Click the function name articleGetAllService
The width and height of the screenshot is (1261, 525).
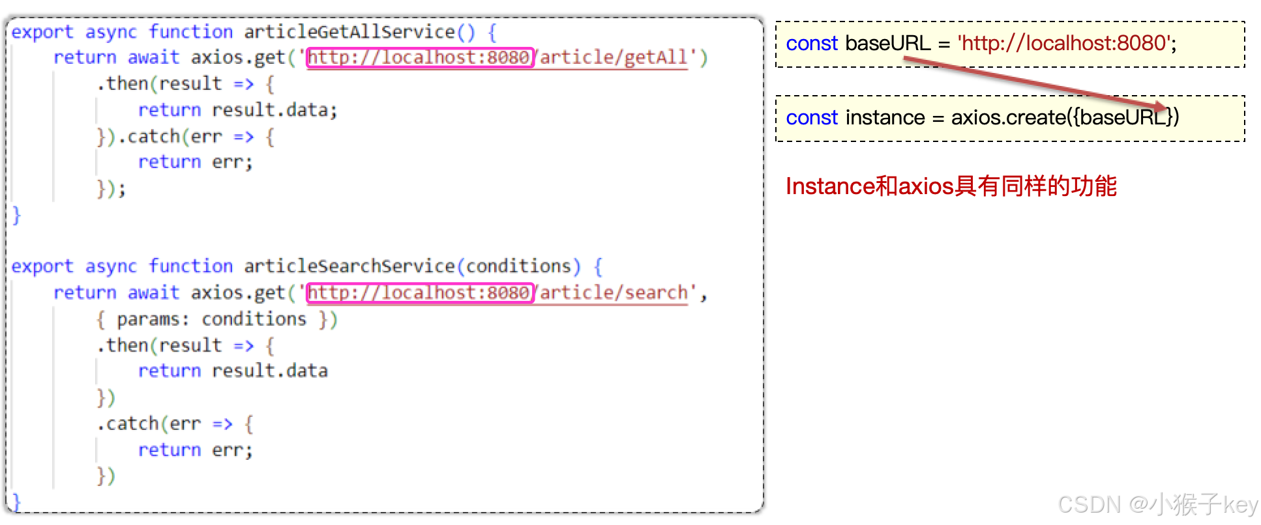pos(349,31)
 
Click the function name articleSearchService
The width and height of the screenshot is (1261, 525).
pos(349,266)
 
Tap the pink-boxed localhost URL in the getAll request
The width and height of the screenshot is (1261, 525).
pos(419,57)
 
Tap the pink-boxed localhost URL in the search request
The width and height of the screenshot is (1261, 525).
pos(419,292)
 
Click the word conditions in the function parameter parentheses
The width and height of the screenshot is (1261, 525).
pos(518,266)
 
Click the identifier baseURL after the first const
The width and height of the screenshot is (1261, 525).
pos(887,43)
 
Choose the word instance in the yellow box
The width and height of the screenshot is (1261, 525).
pos(885,117)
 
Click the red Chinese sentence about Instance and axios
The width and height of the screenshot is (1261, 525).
pos(951,186)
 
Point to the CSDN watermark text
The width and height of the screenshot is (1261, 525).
pos(1157,505)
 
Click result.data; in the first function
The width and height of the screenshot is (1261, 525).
pos(274,110)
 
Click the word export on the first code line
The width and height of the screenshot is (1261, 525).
pos(42,31)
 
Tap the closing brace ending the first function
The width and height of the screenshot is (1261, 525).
pos(16,214)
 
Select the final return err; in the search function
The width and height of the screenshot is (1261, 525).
pos(195,449)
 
